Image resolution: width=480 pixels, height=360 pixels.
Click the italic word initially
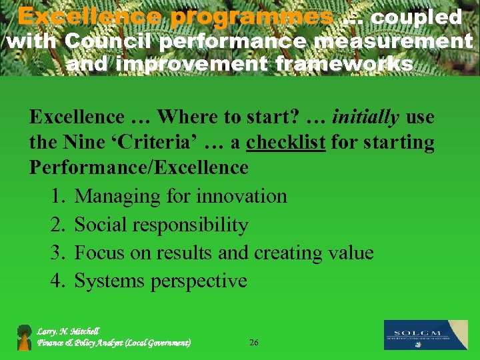coord(365,117)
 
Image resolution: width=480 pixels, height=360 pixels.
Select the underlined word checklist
coord(285,143)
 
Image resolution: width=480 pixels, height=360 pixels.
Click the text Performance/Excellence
coord(139,167)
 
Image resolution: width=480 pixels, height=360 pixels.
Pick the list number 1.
coord(57,196)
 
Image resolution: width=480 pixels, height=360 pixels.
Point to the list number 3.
coord(57,253)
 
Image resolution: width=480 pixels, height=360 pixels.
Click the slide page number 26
coord(253,343)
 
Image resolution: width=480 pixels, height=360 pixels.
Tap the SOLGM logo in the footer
coord(425,335)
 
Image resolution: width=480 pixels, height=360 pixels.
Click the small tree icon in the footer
coord(25,337)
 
